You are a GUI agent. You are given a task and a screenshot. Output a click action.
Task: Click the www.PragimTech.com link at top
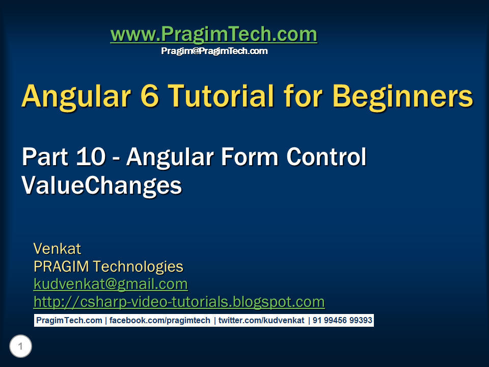[213, 35]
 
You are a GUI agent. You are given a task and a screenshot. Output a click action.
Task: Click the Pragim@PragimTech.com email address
[214, 51]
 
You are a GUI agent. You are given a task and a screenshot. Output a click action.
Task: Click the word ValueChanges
[101, 185]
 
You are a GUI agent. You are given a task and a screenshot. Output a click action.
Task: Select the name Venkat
[57, 249]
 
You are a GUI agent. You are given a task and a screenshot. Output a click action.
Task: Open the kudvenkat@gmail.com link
[111, 284]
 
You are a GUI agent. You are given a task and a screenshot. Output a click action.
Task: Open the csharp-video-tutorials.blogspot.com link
[179, 302]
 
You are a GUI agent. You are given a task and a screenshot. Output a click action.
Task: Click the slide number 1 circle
[20, 347]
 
